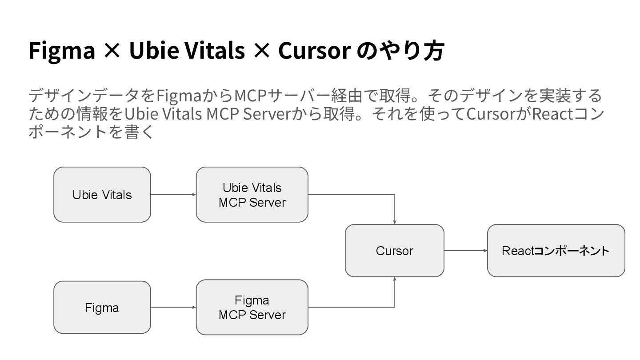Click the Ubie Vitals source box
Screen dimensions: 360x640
(x=102, y=195)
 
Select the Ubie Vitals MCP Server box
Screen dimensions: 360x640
(x=252, y=195)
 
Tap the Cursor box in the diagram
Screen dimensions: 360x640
(x=394, y=251)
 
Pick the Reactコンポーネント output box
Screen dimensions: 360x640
(x=556, y=251)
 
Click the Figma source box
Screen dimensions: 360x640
(x=102, y=308)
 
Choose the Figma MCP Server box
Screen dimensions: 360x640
(x=252, y=307)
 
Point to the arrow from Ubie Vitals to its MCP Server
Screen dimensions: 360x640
(x=173, y=195)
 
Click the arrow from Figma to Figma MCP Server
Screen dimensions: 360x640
(x=173, y=307)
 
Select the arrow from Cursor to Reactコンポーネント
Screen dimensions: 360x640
(x=465, y=251)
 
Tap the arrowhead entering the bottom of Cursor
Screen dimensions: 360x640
(x=395, y=279)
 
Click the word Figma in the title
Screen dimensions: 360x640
(x=62, y=51)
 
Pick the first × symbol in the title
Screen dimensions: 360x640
(x=112, y=51)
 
